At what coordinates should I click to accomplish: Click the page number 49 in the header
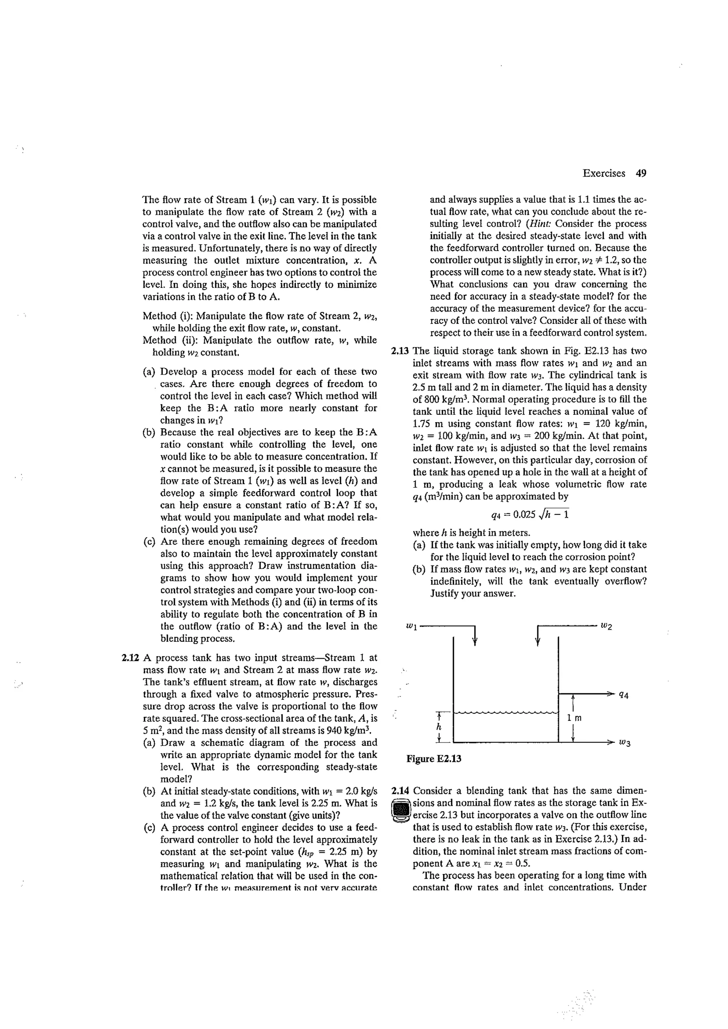coord(641,173)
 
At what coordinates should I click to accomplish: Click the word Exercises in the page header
coord(603,173)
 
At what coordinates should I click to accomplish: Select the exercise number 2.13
coord(400,351)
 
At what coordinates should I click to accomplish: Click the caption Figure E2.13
coord(433,759)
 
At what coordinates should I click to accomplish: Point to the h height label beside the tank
coord(440,726)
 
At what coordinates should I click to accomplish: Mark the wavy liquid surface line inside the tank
coord(506,712)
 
